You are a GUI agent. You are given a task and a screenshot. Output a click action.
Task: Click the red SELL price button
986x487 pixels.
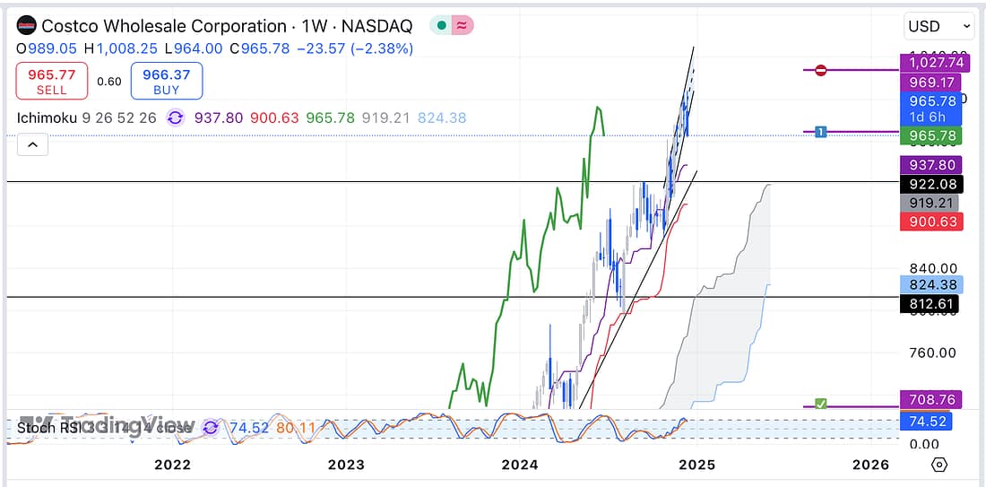point(51,81)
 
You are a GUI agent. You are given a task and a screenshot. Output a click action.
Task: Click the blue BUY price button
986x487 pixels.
point(166,81)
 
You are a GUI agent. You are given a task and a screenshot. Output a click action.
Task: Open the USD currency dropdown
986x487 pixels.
point(938,26)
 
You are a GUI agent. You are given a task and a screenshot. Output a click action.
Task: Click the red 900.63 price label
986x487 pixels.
point(932,222)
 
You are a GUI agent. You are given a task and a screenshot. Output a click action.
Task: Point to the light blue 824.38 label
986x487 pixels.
point(932,285)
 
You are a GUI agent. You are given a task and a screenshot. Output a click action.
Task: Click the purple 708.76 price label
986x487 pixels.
point(932,399)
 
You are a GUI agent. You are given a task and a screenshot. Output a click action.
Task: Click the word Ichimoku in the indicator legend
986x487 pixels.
point(47,117)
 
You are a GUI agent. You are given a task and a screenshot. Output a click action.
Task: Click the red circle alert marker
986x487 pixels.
point(821,70)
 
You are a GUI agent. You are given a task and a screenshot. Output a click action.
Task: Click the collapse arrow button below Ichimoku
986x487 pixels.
point(31,143)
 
